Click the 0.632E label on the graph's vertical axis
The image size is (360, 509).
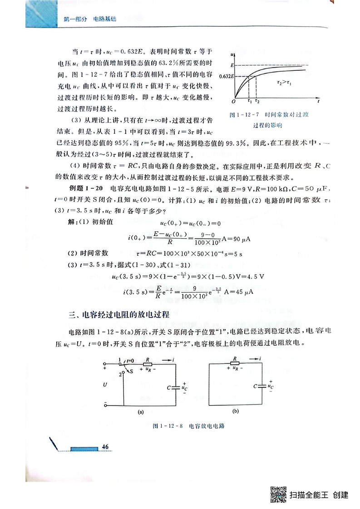click(x=226, y=76)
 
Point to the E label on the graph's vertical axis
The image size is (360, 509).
click(x=232, y=66)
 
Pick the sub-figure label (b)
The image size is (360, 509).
click(x=235, y=412)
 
